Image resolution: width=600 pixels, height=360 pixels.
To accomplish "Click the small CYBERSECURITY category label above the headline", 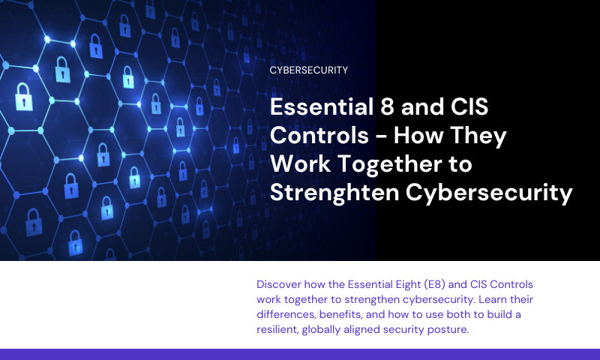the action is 309,70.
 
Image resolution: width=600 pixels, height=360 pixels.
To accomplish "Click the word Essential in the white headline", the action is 322,106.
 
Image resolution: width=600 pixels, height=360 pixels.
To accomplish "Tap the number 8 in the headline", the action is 387,106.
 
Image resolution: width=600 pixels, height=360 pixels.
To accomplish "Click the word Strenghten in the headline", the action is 334,193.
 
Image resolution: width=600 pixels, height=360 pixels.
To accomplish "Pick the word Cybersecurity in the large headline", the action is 489,193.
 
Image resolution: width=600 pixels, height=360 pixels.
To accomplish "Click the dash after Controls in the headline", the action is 381,137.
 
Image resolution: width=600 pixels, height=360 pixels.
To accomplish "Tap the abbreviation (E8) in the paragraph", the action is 434,284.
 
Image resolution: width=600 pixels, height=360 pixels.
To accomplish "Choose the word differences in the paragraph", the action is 286,314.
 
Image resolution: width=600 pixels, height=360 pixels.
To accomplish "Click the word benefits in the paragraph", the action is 341,314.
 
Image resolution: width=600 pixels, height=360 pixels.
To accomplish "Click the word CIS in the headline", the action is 469,106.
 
